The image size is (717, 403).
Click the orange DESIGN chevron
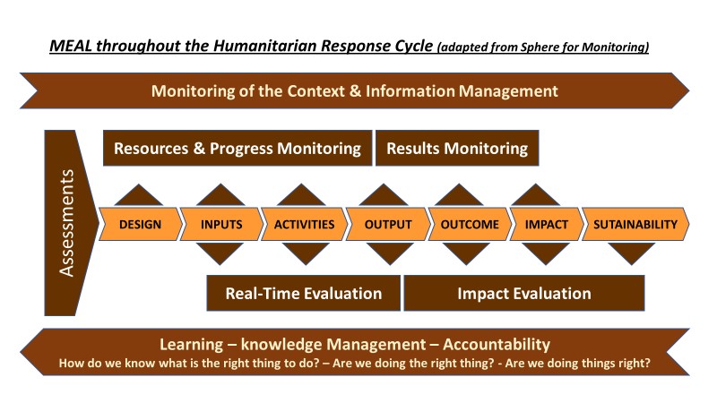pos(141,224)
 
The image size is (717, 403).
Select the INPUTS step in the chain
pos(221,224)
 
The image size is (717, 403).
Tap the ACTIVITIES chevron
pos(304,224)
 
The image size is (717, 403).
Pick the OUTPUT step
pos(388,224)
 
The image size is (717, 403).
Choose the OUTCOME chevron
pos(470,224)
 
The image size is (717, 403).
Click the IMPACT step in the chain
pos(547,224)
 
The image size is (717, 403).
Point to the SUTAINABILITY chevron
pos(635,224)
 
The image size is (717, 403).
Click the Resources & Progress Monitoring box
pos(238,148)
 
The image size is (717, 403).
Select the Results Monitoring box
pos(457,148)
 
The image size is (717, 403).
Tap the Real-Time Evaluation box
pos(304,293)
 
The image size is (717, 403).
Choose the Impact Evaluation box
pos(524,293)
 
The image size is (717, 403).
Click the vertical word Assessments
pos(66,222)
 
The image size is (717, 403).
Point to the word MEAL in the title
pos(71,46)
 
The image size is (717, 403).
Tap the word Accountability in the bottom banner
pos(497,344)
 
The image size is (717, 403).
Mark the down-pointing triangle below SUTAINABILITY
pos(632,253)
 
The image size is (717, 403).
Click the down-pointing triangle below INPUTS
pos(220,253)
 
